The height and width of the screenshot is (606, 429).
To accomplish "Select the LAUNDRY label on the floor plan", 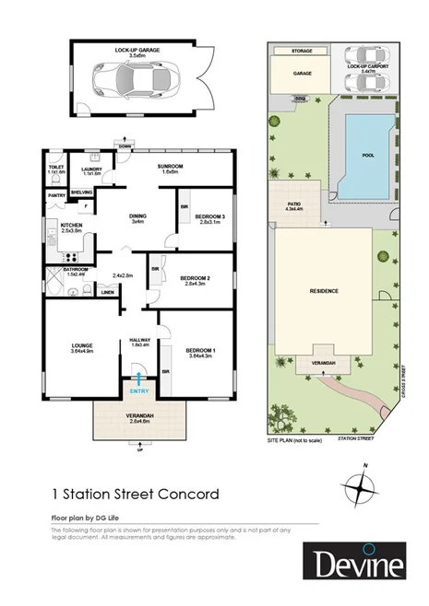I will coord(90,169).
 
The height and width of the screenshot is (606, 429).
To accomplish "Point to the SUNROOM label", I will coord(170,166).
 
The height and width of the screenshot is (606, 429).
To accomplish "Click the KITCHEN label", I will coord(71,226).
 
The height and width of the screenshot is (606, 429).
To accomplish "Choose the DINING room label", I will coord(137,217).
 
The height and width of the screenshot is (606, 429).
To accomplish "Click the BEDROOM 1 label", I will coord(200,351).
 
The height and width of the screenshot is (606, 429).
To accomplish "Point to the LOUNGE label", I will coord(83,346).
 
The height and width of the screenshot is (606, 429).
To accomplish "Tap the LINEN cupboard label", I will coord(107,293).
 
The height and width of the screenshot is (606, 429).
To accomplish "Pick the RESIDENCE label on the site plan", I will coord(323,291).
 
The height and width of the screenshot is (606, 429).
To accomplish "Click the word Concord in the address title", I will coord(188,494).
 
